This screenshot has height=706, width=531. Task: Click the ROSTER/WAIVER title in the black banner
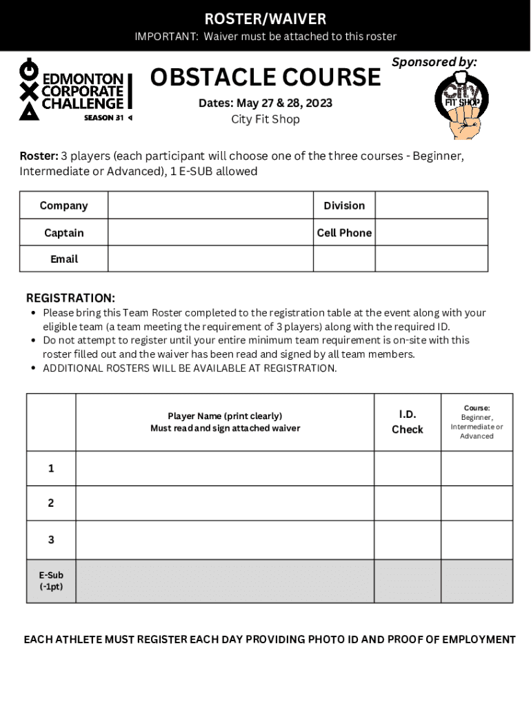point(265,19)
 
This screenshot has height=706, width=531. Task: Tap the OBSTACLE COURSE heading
point(265,77)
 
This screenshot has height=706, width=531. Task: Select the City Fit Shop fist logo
point(461,103)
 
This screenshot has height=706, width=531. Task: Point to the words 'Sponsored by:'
point(434,62)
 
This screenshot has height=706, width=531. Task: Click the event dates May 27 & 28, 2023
point(265,103)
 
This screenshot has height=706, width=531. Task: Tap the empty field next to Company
point(210,205)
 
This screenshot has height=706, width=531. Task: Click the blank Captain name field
point(210,232)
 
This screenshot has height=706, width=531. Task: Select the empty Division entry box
point(431,205)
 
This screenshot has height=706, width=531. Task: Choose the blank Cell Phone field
point(431,232)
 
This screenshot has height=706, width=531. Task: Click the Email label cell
point(64,259)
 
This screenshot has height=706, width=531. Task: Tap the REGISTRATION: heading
point(70,298)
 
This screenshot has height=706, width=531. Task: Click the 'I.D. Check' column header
point(407,422)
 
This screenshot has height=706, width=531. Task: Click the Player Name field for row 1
point(225,469)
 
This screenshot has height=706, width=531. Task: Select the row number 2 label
point(51,503)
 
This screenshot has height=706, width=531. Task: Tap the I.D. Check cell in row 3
point(407,540)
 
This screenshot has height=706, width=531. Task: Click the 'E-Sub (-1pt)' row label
point(51,581)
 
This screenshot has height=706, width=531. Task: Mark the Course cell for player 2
point(477,503)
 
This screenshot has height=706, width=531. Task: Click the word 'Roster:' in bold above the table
point(39,156)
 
